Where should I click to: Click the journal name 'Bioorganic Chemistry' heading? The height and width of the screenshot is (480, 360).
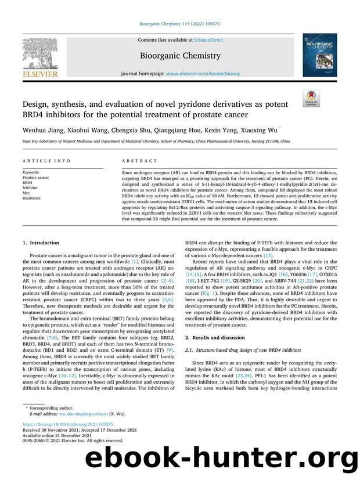[x=179, y=56]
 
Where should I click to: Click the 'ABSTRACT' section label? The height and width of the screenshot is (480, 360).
[x=139, y=161]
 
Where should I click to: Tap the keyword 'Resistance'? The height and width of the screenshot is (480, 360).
[x=32, y=198]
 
